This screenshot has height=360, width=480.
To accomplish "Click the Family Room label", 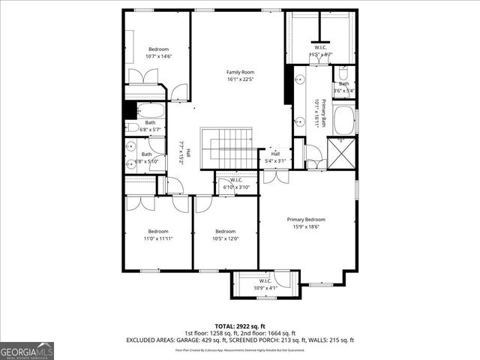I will [x=240, y=72].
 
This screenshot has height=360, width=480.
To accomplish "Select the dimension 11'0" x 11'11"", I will [x=158, y=238].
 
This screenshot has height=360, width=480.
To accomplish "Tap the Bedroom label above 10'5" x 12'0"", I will [x=226, y=231].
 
